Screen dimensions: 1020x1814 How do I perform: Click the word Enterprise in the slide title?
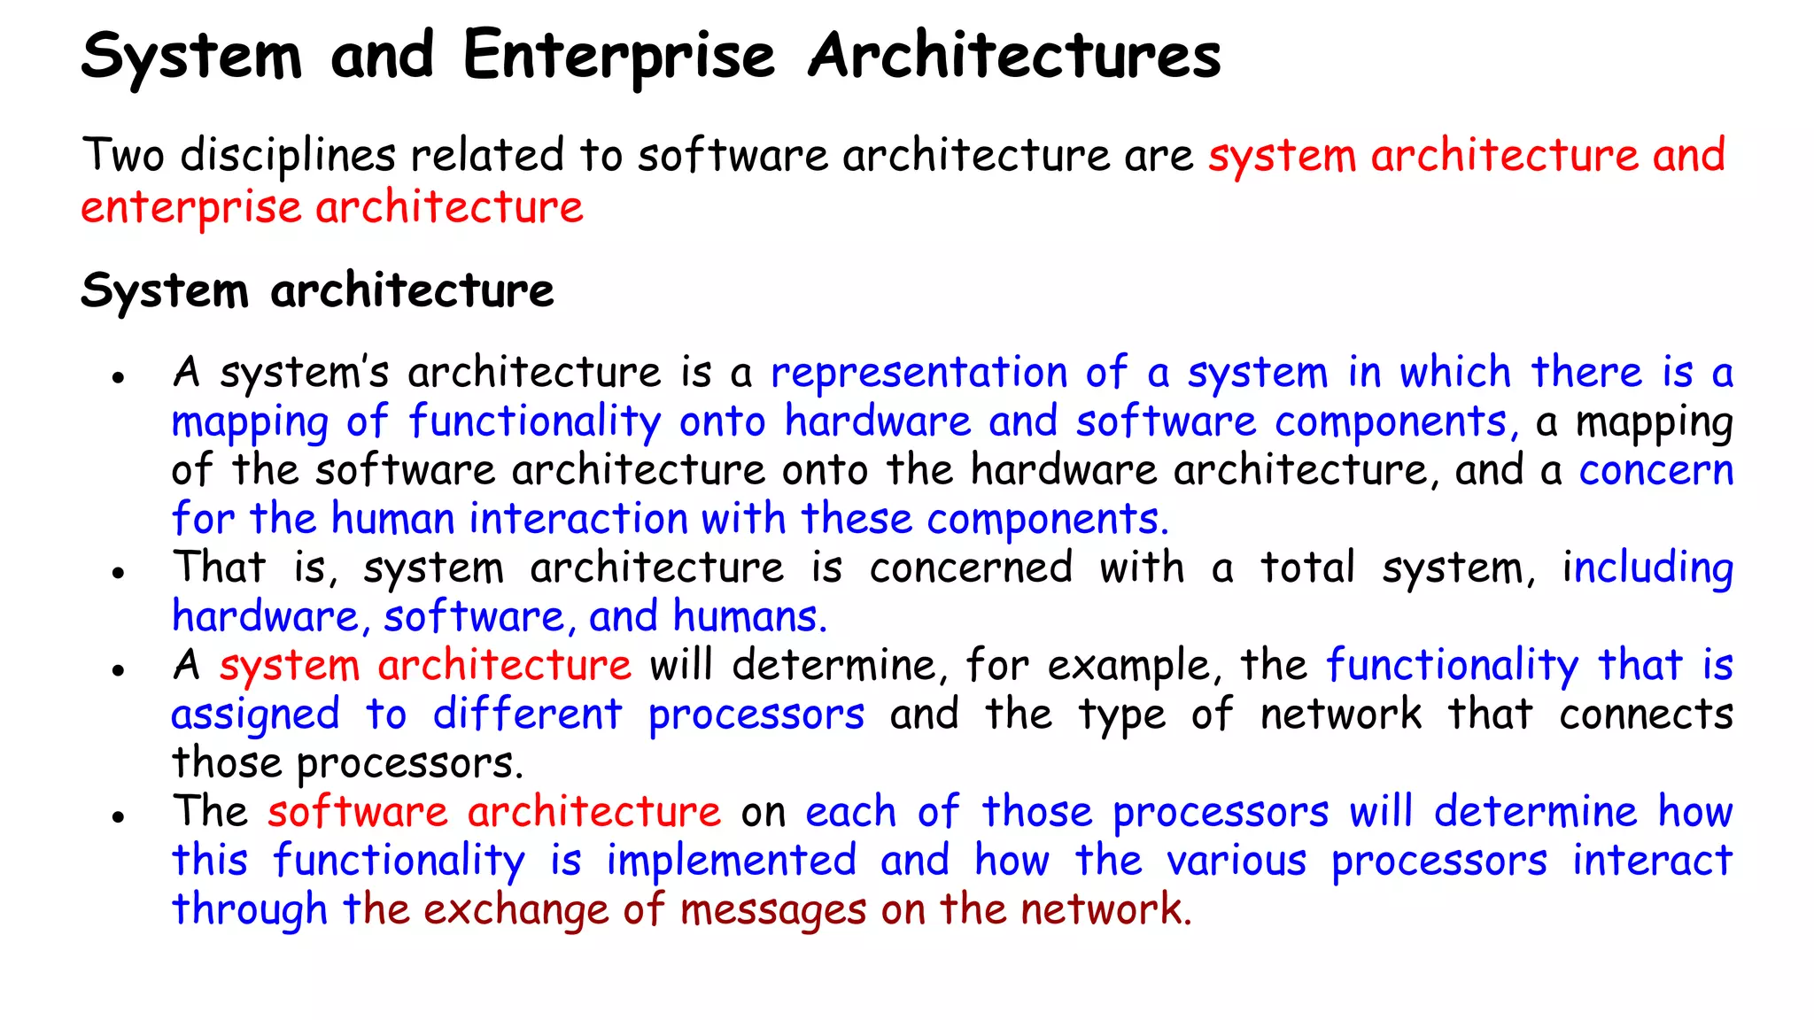(618, 57)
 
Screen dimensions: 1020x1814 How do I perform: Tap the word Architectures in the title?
(1014, 57)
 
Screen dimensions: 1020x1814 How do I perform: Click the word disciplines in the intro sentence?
(288, 156)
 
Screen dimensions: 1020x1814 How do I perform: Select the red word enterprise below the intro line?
(190, 209)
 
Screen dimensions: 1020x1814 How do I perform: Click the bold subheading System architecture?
(317, 290)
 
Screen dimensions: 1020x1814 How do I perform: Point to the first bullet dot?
(117, 378)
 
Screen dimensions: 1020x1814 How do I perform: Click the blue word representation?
(919, 373)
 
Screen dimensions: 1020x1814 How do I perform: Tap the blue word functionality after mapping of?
(534, 422)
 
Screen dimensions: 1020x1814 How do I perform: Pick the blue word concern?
(1655, 470)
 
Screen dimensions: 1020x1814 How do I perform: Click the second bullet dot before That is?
(117, 573)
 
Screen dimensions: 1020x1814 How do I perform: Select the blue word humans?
(749, 616)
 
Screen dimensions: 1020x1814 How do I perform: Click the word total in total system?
(1307, 568)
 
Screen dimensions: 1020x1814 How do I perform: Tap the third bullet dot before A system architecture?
(117, 670)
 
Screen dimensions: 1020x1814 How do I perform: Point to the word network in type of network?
(1341, 715)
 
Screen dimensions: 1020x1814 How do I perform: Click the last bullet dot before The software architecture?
(117, 817)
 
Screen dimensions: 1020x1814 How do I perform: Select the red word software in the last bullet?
(358, 812)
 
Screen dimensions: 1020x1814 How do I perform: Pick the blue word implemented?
(731, 861)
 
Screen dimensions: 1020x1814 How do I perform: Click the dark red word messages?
(772, 910)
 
